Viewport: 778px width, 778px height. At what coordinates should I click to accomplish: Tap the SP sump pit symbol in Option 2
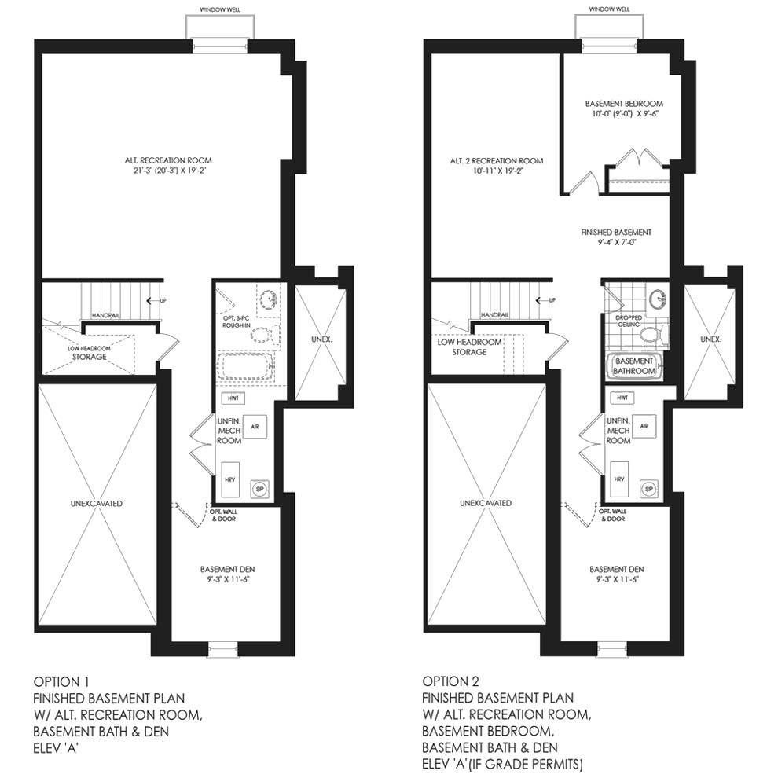[648, 489]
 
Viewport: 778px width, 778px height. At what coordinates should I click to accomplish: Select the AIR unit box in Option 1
[255, 426]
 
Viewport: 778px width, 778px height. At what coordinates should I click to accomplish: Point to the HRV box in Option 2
[619, 479]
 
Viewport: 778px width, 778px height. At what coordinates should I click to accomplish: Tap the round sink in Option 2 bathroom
[659, 299]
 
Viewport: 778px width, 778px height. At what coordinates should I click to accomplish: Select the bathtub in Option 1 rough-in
[246, 366]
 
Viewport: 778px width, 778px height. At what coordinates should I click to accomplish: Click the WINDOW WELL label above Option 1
[220, 9]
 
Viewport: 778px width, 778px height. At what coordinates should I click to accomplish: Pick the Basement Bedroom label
[624, 108]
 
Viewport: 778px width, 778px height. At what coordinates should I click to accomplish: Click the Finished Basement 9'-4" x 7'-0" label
[616, 237]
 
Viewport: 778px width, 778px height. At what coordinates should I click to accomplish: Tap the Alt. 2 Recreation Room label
[496, 165]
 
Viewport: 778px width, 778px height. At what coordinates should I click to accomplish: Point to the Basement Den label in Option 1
[227, 574]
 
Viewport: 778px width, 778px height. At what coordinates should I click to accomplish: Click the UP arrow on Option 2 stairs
[545, 300]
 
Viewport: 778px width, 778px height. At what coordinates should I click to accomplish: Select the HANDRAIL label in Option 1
[105, 316]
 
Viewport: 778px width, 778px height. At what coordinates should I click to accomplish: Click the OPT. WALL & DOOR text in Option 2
[612, 515]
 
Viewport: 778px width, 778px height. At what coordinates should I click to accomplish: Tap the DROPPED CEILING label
[629, 321]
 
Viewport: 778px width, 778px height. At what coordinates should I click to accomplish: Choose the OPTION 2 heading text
[451, 681]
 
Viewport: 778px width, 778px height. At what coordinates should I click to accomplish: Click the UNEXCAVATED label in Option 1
[96, 504]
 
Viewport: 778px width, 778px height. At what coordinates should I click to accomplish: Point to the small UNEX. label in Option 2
[711, 339]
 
